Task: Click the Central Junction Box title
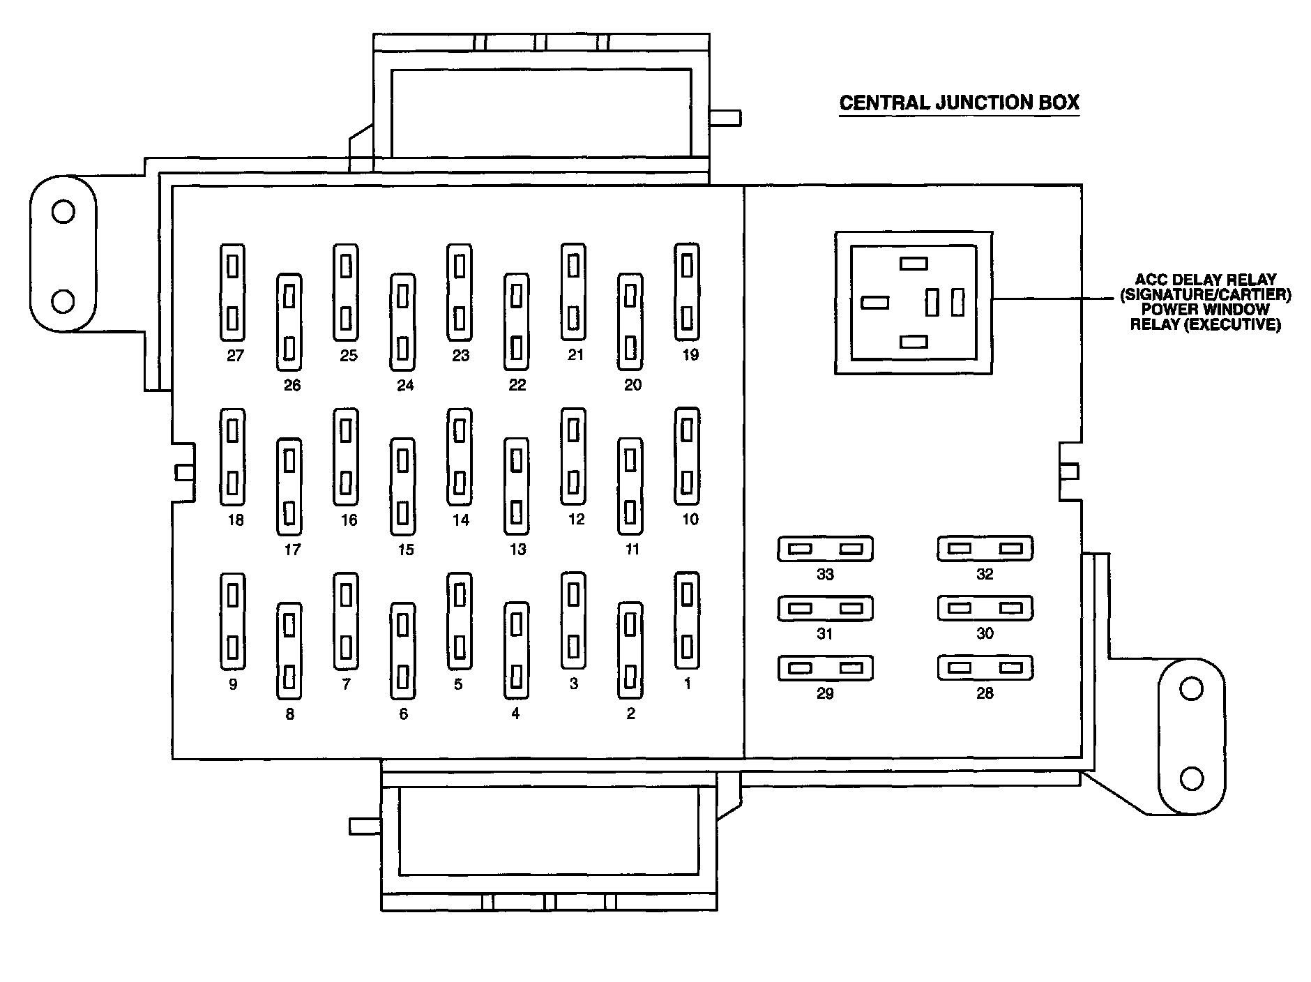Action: [x=959, y=103]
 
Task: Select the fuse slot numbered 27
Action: [x=232, y=292]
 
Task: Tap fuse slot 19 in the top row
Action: [x=687, y=292]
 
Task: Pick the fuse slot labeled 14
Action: [x=459, y=457]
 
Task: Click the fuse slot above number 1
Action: [x=687, y=621]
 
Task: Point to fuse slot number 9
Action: [x=232, y=621]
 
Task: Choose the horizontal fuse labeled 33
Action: [x=825, y=549]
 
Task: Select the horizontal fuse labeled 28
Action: [x=985, y=667]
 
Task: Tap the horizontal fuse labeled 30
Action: [x=985, y=608]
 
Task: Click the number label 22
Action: [x=517, y=385]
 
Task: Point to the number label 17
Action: [x=292, y=550]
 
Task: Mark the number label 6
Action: [x=403, y=714]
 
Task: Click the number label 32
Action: [x=985, y=574]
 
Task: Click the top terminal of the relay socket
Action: [x=914, y=264]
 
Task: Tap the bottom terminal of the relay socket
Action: [x=914, y=342]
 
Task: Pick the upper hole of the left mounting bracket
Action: [x=63, y=211]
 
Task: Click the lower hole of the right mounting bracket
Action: [x=1192, y=778]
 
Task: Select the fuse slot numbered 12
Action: [x=573, y=457]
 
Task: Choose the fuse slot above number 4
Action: [x=516, y=650]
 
